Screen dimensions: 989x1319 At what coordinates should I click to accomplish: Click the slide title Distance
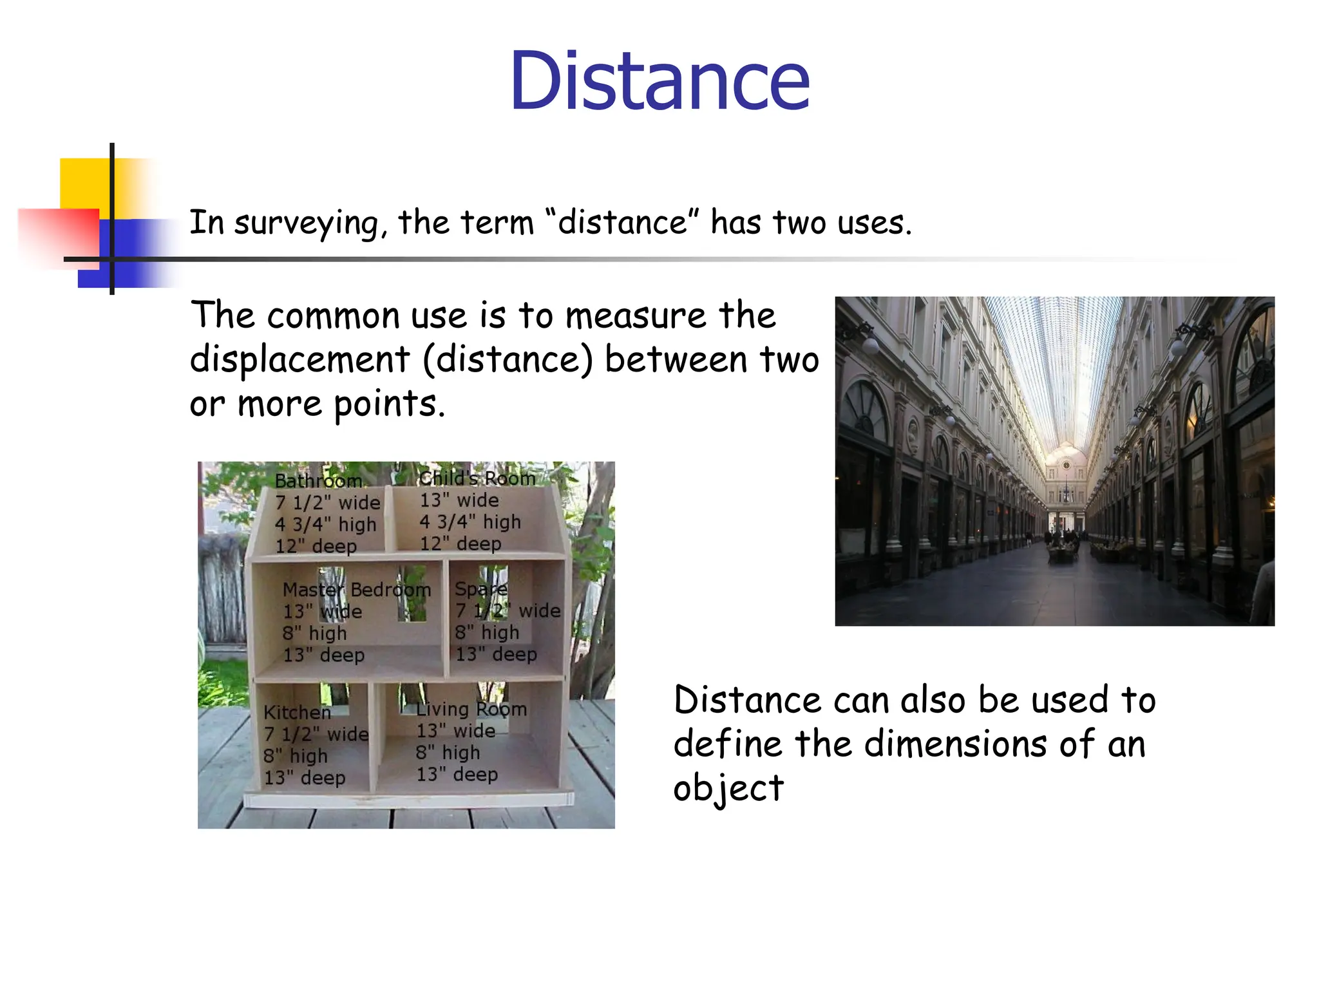tap(659, 82)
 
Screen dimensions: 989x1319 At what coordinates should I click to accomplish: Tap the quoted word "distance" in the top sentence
tap(622, 223)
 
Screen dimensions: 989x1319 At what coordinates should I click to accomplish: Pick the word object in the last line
tap(728, 789)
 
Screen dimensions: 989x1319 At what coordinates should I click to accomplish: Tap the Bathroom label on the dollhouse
tap(318, 481)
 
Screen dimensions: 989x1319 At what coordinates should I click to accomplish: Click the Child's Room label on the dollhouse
tap(477, 478)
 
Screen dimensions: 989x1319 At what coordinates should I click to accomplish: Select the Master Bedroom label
tap(356, 590)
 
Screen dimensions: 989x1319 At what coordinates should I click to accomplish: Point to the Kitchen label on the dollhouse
tap(297, 712)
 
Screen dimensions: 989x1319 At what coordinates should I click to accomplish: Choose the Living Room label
tap(471, 709)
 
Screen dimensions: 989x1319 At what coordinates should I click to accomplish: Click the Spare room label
tap(480, 589)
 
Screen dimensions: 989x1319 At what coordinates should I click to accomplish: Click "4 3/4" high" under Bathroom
tap(325, 524)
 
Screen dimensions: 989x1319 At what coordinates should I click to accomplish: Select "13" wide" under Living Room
tap(455, 731)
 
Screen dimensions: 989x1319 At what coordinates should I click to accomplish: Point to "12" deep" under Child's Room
tap(460, 543)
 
